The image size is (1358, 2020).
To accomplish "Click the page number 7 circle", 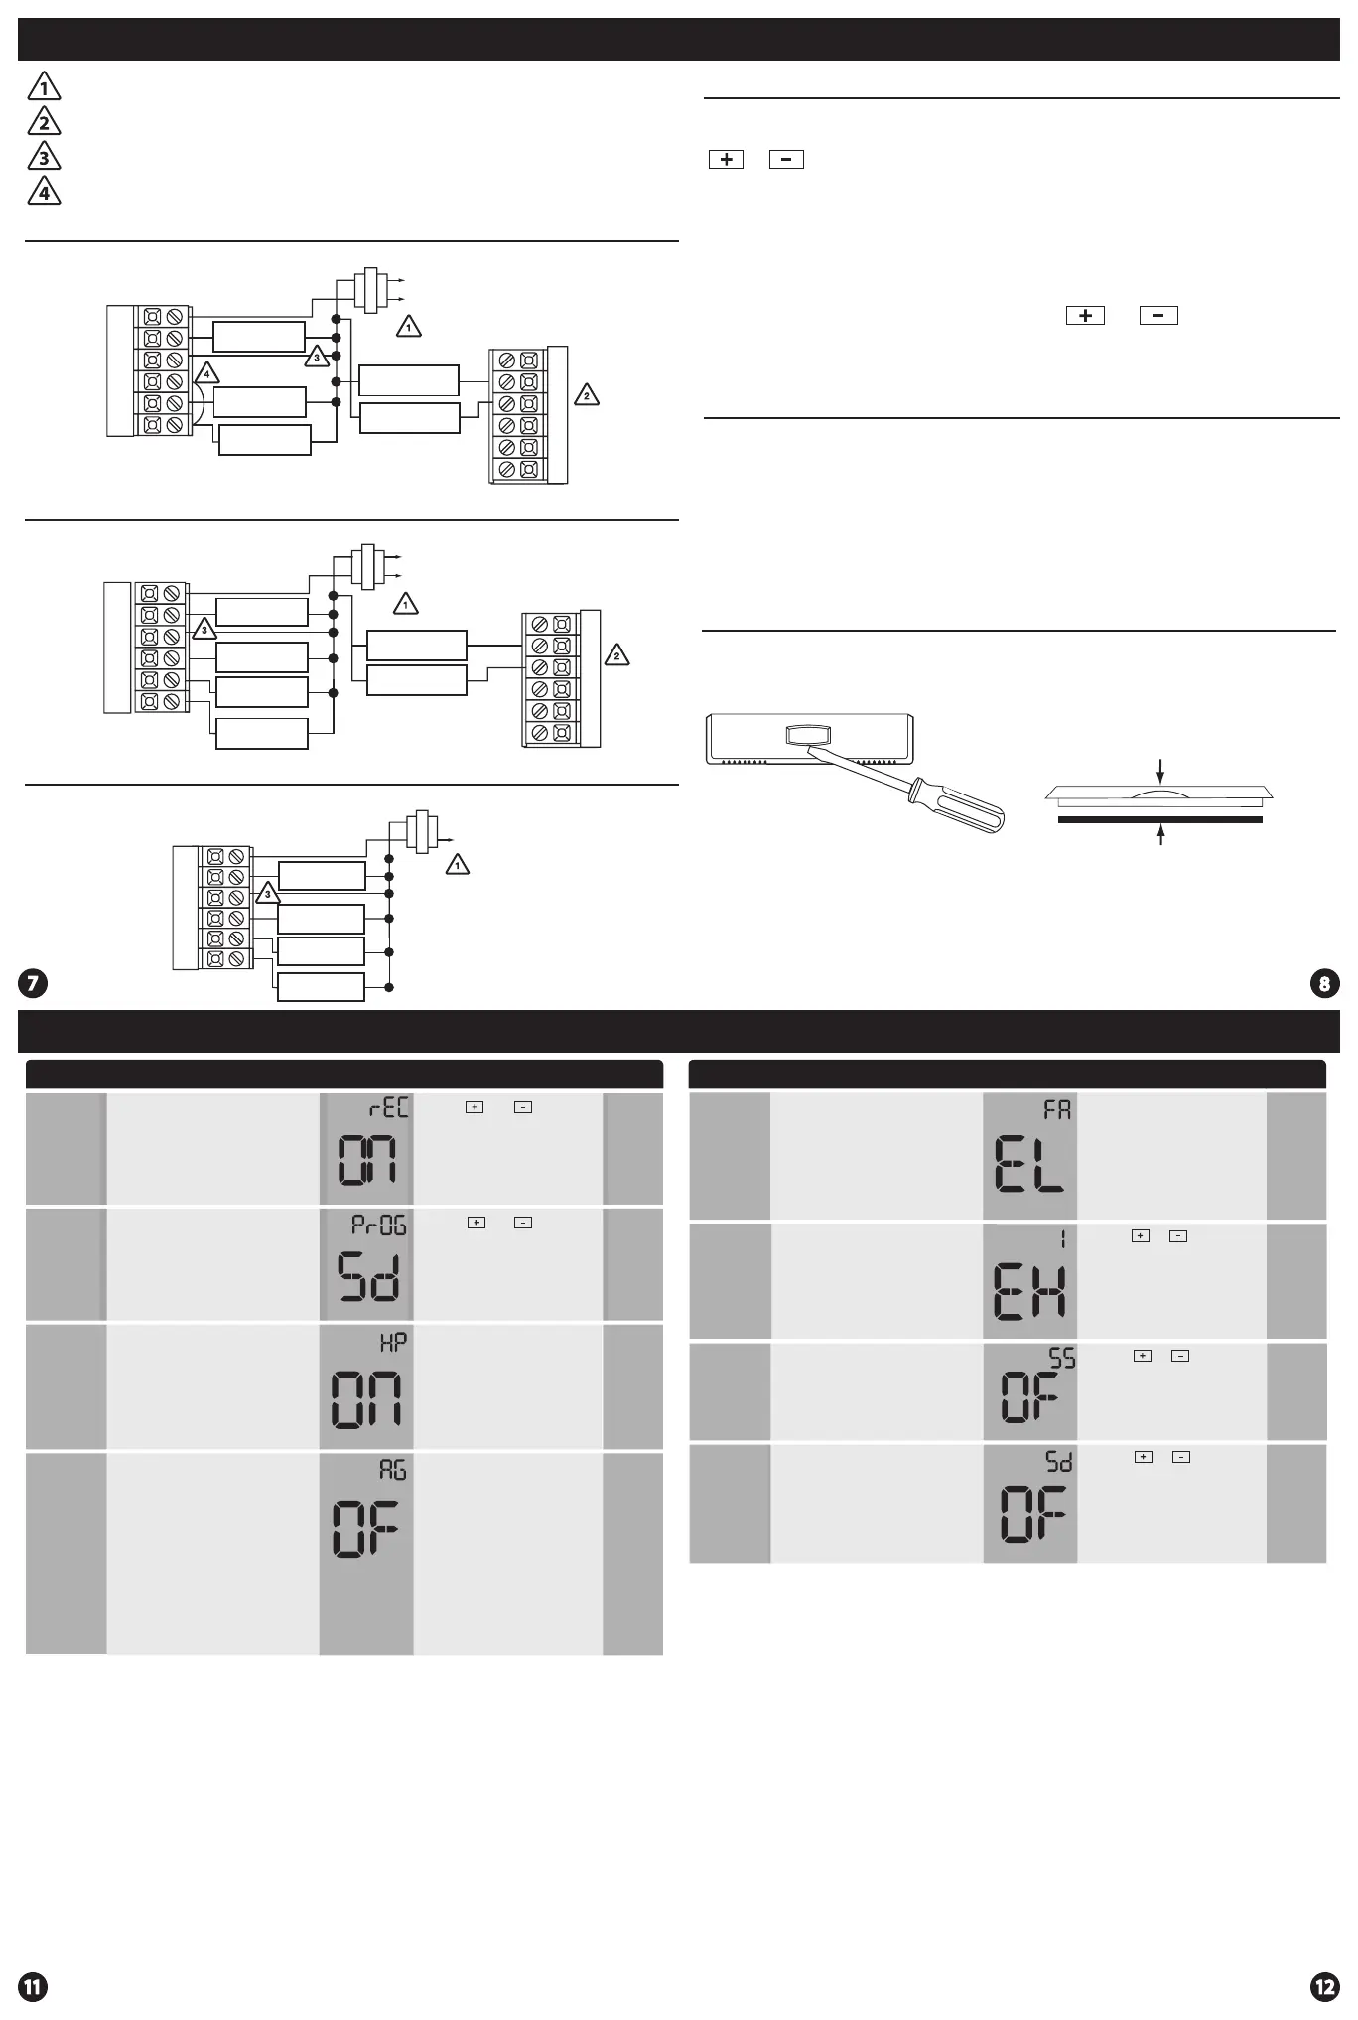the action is coord(33,983).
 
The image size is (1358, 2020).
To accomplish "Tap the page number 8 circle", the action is coord(1325,983).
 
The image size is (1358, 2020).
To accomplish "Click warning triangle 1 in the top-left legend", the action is coord(44,88).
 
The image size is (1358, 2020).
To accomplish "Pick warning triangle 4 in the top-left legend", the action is coord(44,191).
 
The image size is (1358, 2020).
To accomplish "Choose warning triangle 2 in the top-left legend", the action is coord(44,123).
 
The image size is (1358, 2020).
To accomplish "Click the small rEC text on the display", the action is coord(388,1108).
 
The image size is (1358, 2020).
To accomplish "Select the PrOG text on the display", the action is coord(379,1225).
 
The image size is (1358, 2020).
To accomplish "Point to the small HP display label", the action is coord(393,1342).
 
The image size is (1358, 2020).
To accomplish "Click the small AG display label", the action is coord(393,1470).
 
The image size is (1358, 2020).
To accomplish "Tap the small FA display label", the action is coord(1057,1109).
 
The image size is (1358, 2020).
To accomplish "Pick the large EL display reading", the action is coord(1029,1165).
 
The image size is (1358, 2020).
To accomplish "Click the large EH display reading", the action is coord(1029,1288).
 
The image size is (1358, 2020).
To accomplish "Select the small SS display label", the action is coord(1061,1358).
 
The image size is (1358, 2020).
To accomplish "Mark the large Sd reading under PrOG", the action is coord(367,1276).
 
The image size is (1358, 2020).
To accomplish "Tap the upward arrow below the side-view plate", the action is coord(1159,834).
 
